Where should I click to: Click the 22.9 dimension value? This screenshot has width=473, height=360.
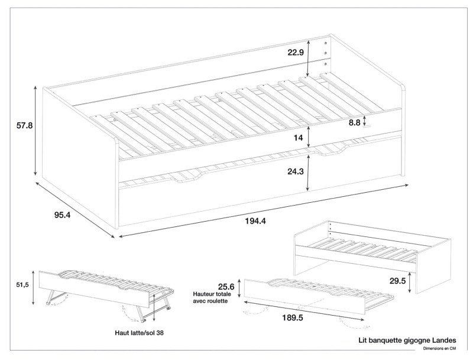[x=296, y=53]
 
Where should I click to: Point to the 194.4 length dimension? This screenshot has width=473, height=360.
[x=255, y=221]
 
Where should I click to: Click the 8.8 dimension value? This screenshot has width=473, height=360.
[x=355, y=122]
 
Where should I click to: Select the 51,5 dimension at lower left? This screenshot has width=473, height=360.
[x=22, y=285]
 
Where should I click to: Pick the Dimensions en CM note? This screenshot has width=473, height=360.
[x=437, y=349]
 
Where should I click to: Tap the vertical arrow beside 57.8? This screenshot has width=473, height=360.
[x=36, y=131]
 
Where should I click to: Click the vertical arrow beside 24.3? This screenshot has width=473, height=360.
[x=308, y=171]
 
